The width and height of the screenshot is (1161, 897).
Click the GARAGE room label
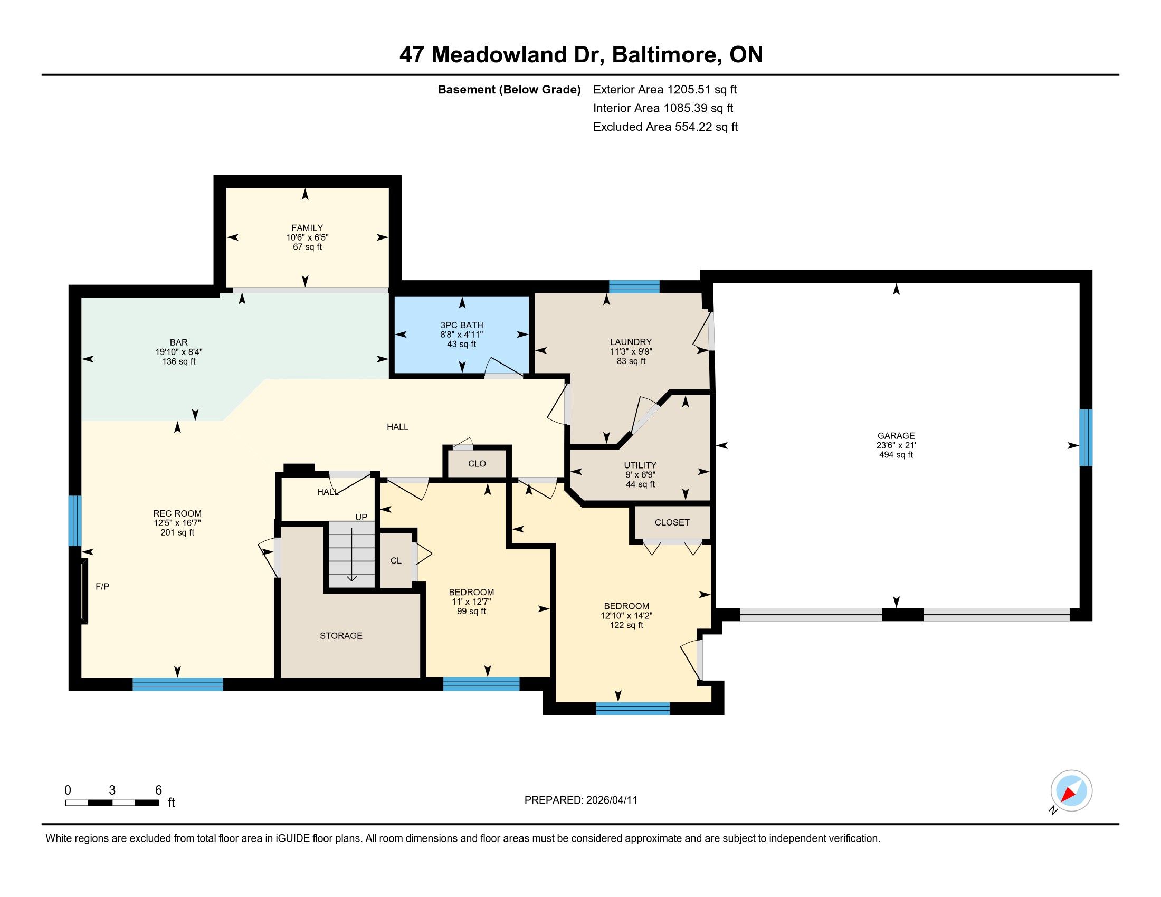coord(896,436)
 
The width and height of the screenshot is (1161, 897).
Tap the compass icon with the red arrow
coord(1071,791)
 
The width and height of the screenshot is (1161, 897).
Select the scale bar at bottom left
coord(112,803)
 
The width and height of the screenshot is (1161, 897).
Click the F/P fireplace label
coord(102,587)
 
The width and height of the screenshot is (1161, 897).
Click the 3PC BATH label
coord(461,325)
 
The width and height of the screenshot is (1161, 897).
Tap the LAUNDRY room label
coord(631,342)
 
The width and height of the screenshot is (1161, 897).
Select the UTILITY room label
coord(640,465)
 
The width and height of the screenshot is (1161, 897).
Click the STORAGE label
coord(341,636)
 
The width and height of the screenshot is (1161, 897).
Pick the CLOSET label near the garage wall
coord(672,522)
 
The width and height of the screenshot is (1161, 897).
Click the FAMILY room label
coord(307,228)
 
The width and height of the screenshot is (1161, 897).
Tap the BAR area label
coord(178,343)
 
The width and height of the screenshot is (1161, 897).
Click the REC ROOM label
coord(177,513)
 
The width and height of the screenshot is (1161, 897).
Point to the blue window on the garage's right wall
coord(1086,437)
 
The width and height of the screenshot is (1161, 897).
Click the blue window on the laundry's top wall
coord(634,287)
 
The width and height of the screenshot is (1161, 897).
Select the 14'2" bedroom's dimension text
coord(626,616)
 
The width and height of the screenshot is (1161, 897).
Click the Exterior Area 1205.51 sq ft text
coord(665,89)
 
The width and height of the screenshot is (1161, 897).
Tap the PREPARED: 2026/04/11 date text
coord(580,800)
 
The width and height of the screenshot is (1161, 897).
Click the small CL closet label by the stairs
coord(396,560)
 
